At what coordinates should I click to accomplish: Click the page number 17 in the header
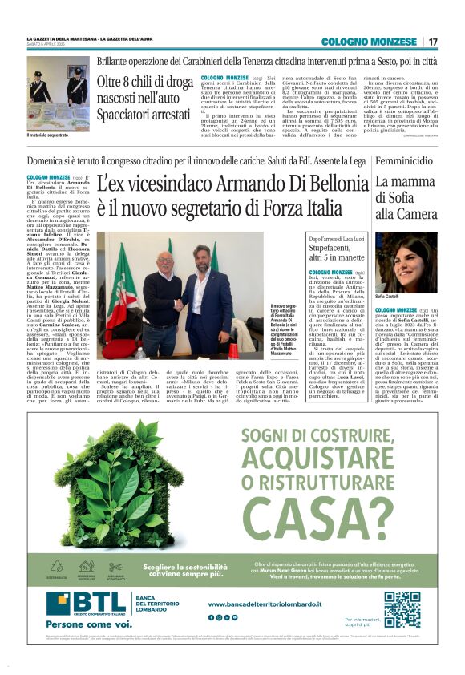434,42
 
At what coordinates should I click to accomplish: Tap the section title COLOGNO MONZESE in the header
371,42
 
